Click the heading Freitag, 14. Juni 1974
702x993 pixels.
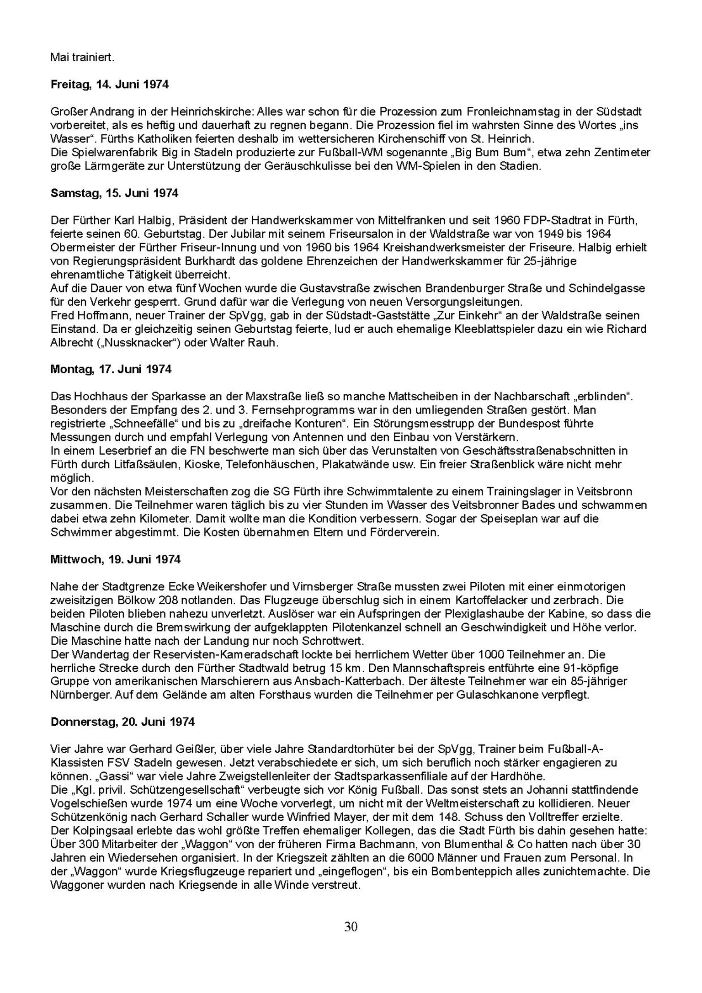(x=109, y=85)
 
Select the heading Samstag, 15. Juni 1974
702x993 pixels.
(x=114, y=193)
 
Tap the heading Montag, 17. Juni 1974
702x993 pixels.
(x=111, y=369)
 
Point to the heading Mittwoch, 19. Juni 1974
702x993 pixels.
(x=115, y=559)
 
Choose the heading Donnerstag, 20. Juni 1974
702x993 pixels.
(x=122, y=722)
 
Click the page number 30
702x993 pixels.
(x=351, y=927)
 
